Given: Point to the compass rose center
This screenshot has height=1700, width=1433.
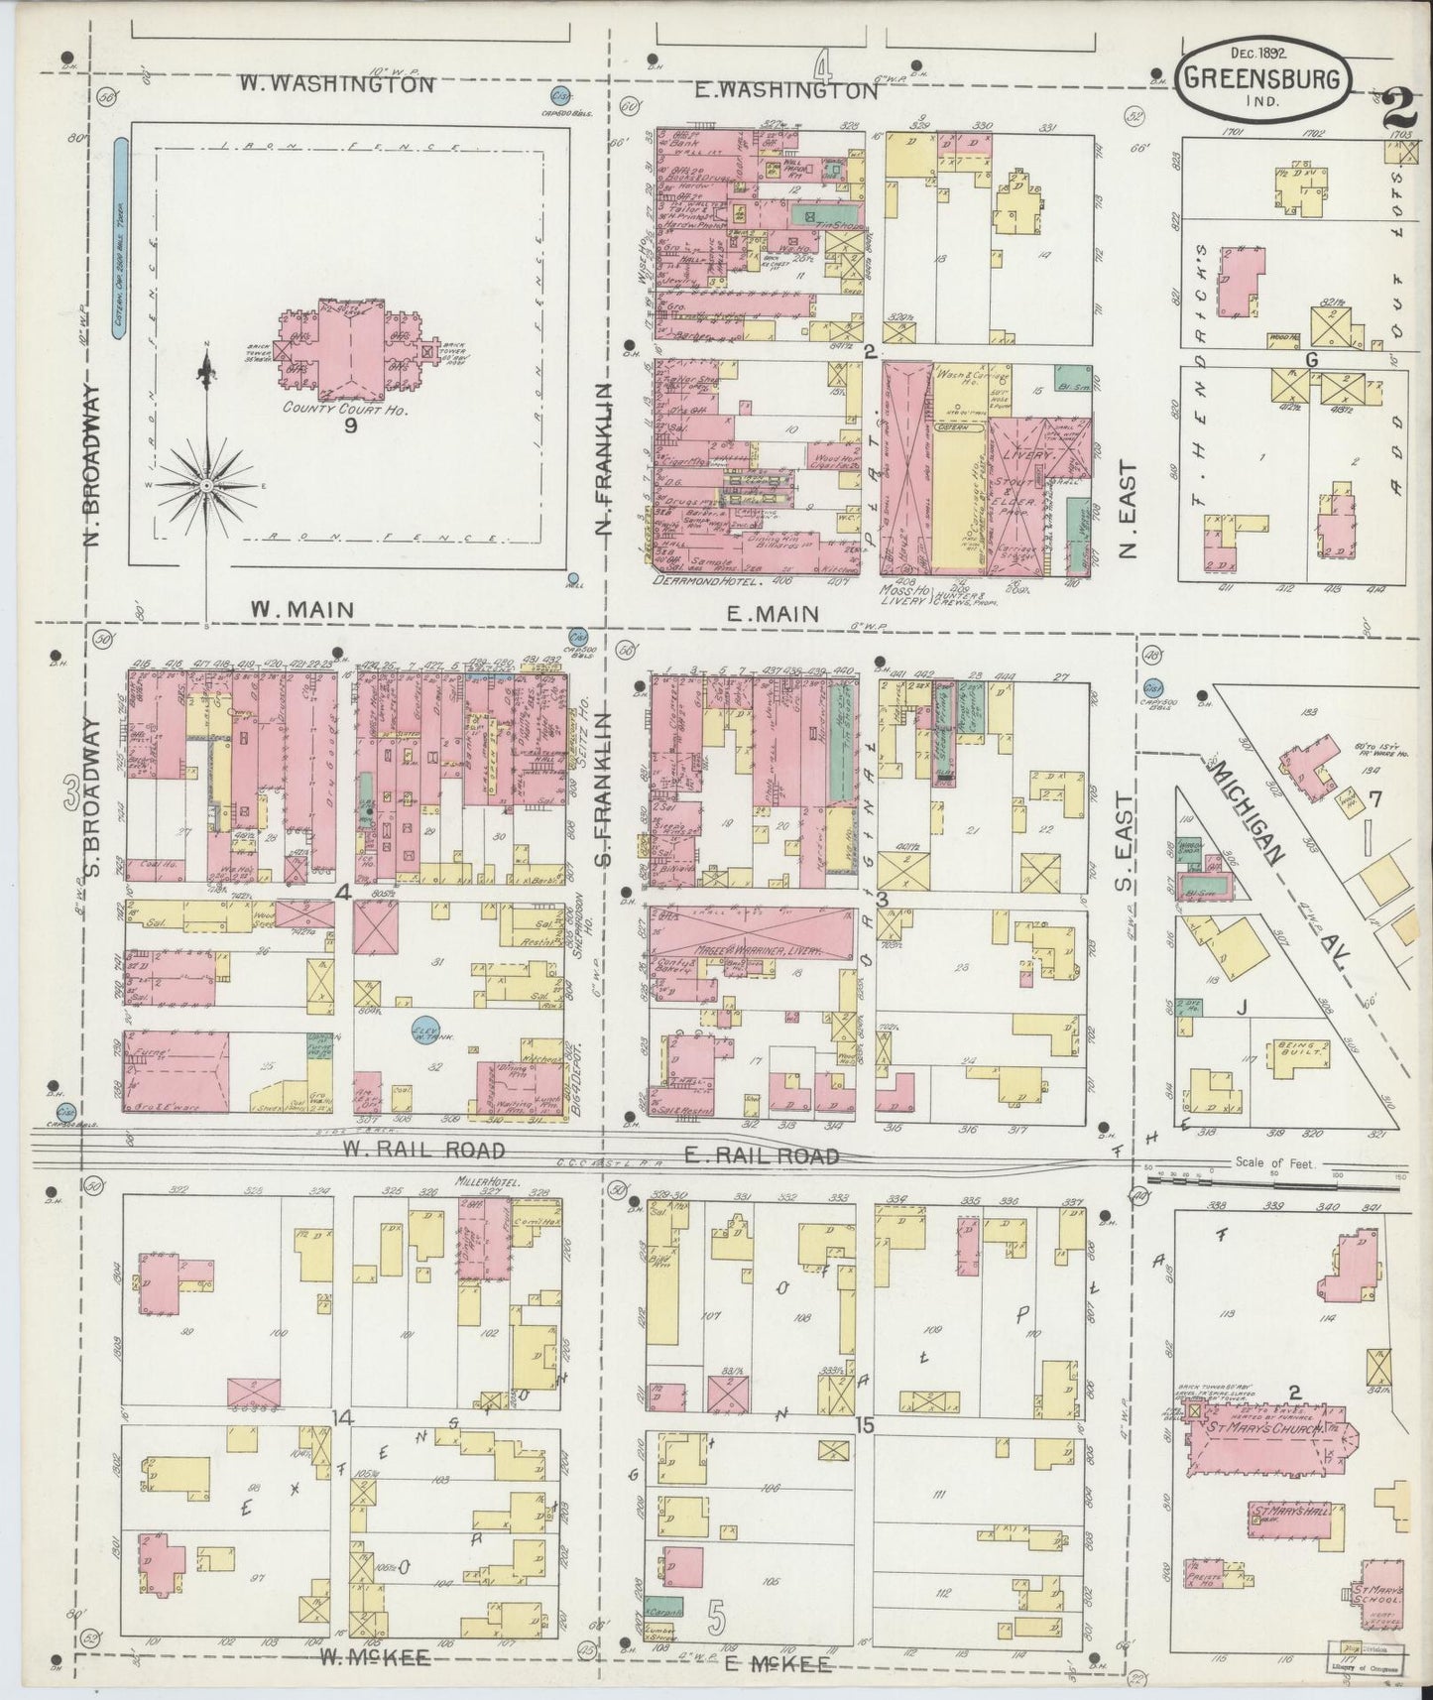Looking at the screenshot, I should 205,486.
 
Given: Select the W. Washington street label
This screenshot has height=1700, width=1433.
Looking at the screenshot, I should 337,84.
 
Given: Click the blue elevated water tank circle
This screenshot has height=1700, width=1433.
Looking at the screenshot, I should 423,1032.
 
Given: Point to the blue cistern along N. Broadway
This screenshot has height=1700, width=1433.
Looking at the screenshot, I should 120,239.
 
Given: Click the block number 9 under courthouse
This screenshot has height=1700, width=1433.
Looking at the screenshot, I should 350,426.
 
